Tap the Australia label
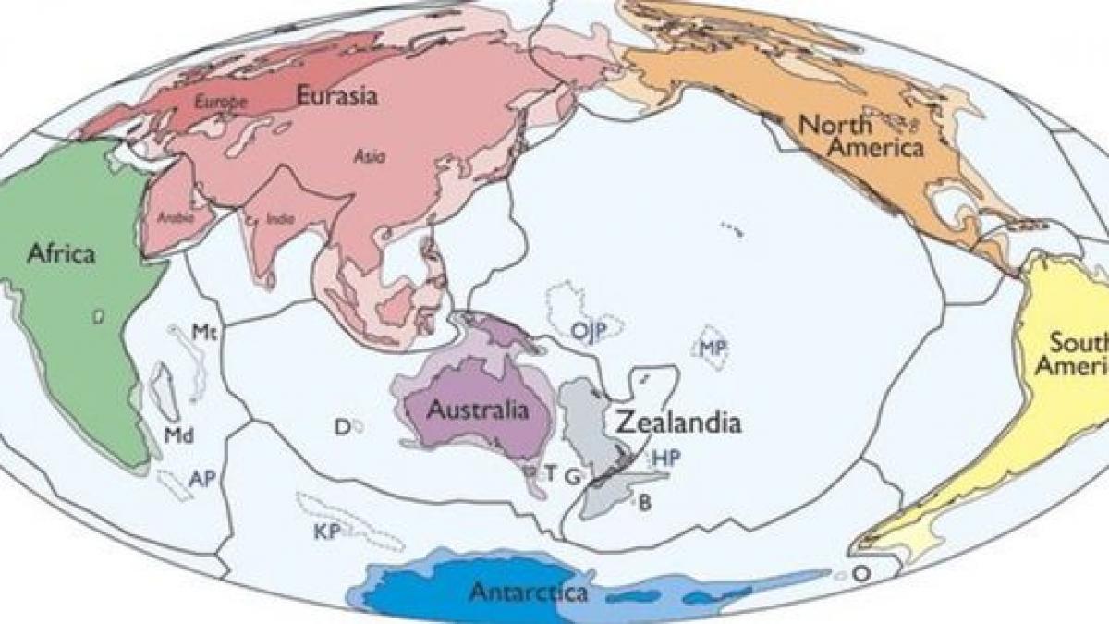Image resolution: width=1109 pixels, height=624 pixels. click(478, 410)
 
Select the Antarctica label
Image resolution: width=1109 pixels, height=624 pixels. click(528, 591)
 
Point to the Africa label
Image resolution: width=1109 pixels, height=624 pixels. click(61, 253)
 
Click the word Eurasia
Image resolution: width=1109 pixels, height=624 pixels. click(336, 94)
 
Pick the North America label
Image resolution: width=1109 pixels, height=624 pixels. click(860, 135)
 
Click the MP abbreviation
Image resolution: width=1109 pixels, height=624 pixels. click(713, 349)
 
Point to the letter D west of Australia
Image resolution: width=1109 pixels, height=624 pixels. click(341, 426)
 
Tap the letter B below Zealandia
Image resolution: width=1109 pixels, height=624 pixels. click(645, 503)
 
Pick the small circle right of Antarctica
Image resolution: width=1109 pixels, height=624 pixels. click(859, 573)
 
